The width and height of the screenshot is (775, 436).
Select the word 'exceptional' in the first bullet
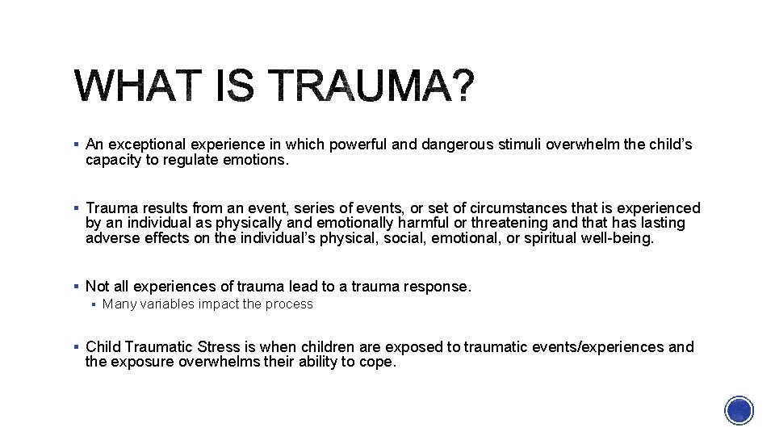(141, 145)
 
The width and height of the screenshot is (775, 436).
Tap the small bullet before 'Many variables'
(94, 304)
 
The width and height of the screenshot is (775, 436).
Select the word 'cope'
(379, 362)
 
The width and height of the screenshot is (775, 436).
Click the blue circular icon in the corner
(739, 410)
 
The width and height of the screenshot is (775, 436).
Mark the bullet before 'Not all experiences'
(75, 286)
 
